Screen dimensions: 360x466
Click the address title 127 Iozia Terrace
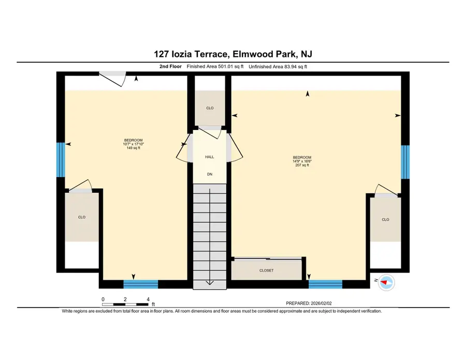[232, 54]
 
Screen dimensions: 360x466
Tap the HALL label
[209, 156]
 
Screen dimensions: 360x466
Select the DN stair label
[210, 174]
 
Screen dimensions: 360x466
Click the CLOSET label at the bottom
[266, 270]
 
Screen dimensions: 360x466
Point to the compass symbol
[386, 282]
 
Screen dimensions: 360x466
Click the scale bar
[126, 304]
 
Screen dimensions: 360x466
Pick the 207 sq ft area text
[302, 165]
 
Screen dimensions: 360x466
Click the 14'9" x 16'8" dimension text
[302, 161]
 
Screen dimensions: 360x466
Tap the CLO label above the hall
[210, 108]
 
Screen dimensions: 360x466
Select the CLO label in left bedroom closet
[82, 217]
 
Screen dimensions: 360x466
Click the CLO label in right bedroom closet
[385, 220]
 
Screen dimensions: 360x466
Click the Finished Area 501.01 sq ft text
[215, 67]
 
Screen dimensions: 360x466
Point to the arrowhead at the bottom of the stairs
[210, 282]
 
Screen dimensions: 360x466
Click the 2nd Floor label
[171, 67]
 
